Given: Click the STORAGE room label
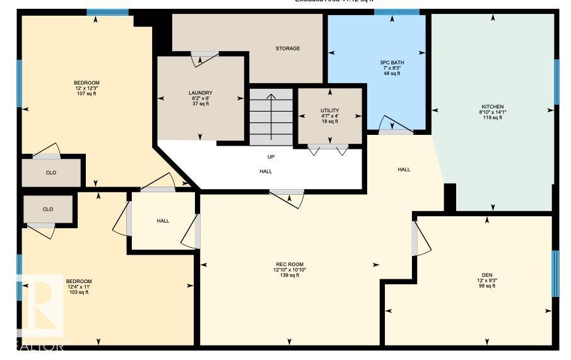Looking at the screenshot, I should tap(287, 49).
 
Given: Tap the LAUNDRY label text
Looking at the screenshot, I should tap(200, 93).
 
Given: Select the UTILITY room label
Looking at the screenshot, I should tap(329, 110).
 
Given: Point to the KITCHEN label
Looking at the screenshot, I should tap(492, 107).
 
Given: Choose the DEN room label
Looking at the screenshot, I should tap(486, 275).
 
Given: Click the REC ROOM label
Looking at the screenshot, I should tap(290, 264).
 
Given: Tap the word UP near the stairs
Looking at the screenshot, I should tap(271, 156).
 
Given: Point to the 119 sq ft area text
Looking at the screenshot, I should tap(492, 118).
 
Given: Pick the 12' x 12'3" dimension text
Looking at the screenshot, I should tap(86, 88).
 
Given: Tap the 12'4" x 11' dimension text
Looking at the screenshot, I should tap(79, 287).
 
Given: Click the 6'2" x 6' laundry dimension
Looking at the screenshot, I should tap(200, 98).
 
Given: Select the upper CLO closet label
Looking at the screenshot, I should tap(51, 173).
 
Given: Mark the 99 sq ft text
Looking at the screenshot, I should tap(486, 286).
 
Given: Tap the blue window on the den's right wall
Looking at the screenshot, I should tap(555, 273).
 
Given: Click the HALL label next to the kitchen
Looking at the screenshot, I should tap(404, 169).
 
